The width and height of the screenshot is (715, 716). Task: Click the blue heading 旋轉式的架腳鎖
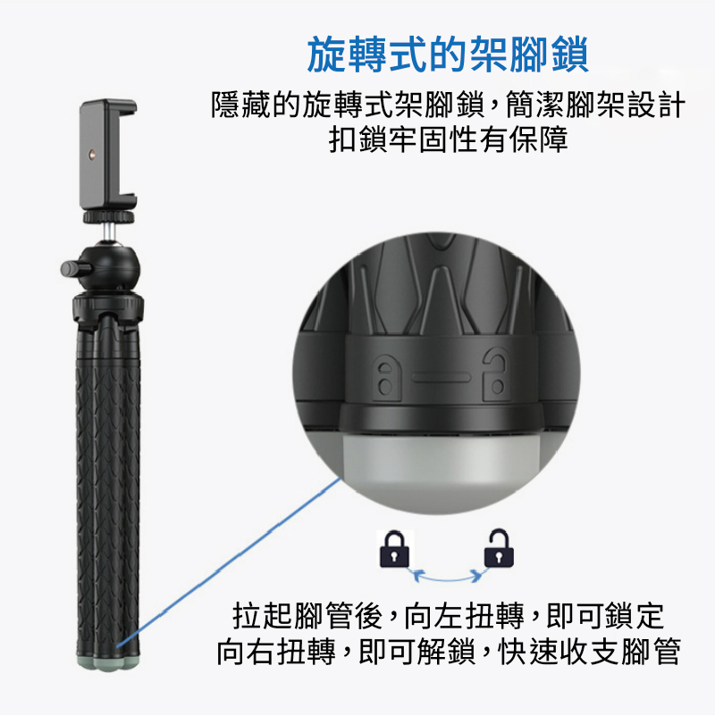(x=448, y=55)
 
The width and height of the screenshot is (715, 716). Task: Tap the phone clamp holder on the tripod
(x=108, y=154)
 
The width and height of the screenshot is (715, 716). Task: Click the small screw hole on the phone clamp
(x=92, y=155)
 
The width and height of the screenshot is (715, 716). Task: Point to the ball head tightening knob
(x=71, y=268)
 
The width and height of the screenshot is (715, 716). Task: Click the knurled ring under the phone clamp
(x=109, y=216)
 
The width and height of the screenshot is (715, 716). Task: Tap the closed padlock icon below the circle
(x=394, y=549)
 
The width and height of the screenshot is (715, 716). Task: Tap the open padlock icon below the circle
(x=499, y=548)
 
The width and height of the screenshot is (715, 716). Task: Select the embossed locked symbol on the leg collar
(x=386, y=377)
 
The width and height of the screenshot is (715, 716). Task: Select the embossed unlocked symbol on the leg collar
(x=496, y=374)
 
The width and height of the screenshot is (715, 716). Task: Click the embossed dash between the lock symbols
(x=441, y=377)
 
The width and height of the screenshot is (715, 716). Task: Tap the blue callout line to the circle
(x=228, y=561)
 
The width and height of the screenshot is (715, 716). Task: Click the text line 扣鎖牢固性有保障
(x=448, y=139)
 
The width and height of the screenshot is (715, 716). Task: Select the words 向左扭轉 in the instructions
(x=465, y=616)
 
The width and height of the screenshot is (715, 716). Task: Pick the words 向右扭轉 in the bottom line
(x=276, y=651)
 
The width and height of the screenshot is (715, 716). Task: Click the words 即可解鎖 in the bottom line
(x=416, y=651)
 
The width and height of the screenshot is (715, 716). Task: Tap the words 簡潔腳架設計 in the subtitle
(x=595, y=104)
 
